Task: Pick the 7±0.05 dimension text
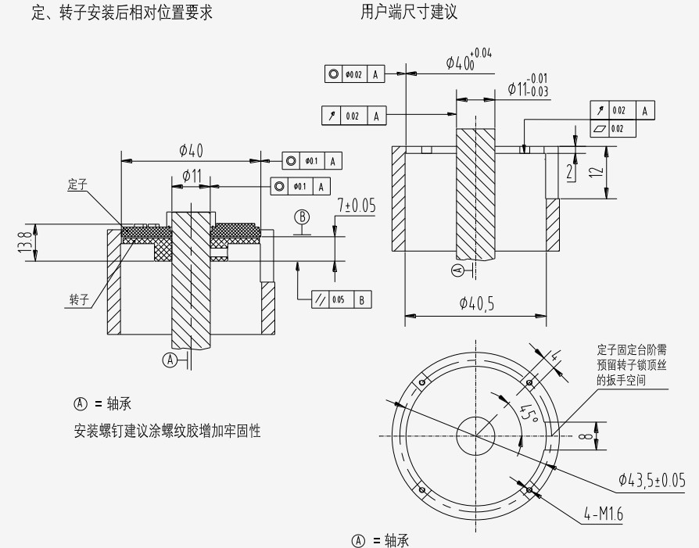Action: tap(356, 206)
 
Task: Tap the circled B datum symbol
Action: tap(302, 217)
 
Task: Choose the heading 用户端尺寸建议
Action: tap(409, 13)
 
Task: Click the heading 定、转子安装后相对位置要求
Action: tap(121, 13)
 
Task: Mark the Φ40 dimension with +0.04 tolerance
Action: tap(468, 61)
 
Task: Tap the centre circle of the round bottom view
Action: tap(476, 431)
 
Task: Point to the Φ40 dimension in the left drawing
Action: tap(191, 150)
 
